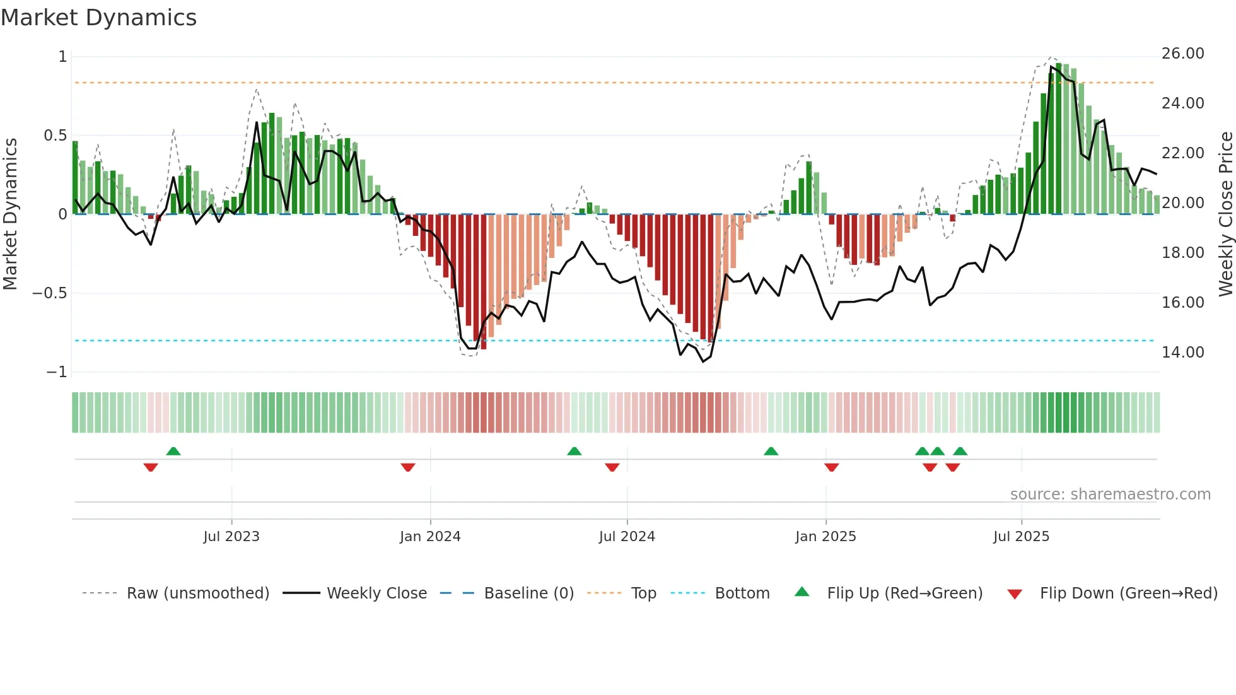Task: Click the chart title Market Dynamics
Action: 98,18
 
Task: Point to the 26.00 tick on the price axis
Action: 1182,54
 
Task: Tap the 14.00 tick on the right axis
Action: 1182,353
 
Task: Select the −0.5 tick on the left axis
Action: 49,293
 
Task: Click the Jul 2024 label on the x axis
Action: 627,537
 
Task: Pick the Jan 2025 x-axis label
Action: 825,537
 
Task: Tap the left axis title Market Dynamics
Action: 10,214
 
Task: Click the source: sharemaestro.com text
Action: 1110,494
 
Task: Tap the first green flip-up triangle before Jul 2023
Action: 173,452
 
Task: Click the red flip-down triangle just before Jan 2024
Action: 408,467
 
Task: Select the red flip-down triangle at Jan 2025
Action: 831,467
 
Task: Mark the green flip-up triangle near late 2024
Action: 771,452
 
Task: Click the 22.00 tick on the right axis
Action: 1182,153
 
